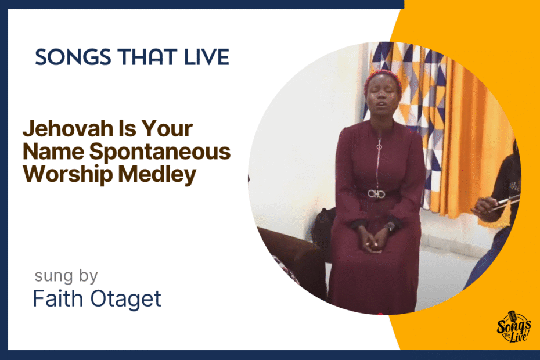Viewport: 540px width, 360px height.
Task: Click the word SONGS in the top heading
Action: tap(73, 57)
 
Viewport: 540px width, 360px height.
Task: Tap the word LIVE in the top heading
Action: tap(207, 57)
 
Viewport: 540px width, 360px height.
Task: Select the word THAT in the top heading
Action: tap(147, 57)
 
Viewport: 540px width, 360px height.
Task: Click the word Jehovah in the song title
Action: tap(68, 128)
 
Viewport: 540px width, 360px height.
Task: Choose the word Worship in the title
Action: tap(68, 174)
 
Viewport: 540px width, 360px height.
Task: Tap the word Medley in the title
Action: tap(157, 174)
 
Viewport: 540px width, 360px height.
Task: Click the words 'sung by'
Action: tap(66, 276)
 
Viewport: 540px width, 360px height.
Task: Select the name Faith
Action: tap(58, 298)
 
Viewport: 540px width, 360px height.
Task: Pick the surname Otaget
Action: tap(125, 298)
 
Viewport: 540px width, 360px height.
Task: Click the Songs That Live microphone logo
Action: tap(513, 327)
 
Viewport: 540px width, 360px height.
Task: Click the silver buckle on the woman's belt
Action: tap(376, 194)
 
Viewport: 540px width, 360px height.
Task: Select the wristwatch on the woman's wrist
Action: tap(390, 227)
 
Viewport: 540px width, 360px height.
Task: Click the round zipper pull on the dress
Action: tap(380, 147)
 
